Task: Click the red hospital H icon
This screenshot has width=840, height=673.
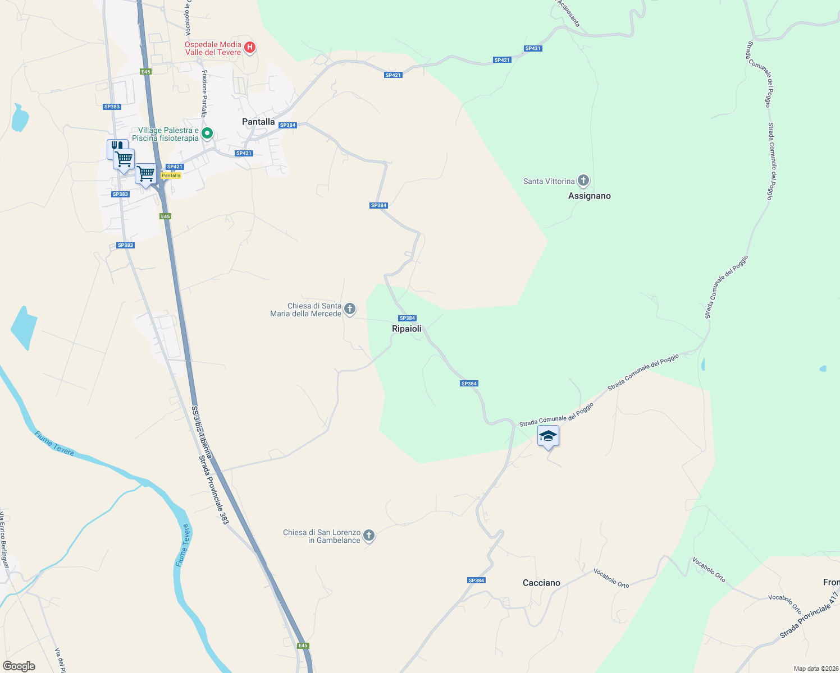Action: click(x=250, y=48)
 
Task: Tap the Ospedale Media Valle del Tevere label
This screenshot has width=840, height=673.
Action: click(x=213, y=48)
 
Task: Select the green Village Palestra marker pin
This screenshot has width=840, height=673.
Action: click(x=207, y=133)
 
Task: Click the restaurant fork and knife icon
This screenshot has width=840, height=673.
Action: click(x=117, y=146)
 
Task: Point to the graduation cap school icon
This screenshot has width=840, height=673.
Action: click(x=548, y=436)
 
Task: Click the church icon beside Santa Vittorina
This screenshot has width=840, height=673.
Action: click(x=583, y=181)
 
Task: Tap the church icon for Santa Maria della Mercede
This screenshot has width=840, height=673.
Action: click(x=350, y=309)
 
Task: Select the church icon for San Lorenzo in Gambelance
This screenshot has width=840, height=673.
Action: click(x=369, y=536)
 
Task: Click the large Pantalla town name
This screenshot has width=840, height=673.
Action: click(x=258, y=122)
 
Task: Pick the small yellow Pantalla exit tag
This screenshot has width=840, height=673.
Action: click(x=171, y=176)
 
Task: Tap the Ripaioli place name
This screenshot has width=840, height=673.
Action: click(x=407, y=329)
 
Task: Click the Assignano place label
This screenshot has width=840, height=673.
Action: click(x=590, y=196)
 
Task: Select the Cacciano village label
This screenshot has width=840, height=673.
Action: click(x=541, y=583)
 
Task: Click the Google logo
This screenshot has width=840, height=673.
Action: click(x=19, y=666)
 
